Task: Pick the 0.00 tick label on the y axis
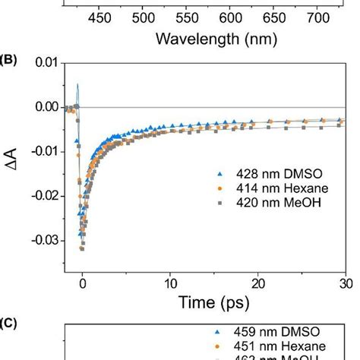click(46, 107)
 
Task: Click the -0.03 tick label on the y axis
click(44, 240)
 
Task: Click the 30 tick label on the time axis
click(346, 283)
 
